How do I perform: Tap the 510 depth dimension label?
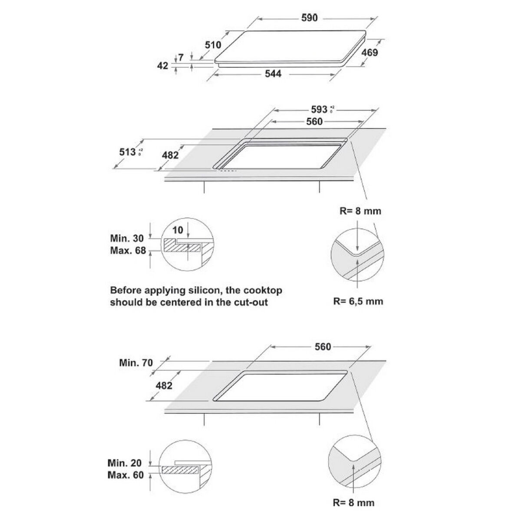pyautogui.click(x=213, y=44)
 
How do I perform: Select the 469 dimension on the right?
pyautogui.click(x=370, y=53)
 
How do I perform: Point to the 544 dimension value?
pyautogui.click(x=273, y=74)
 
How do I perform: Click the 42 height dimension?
pyautogui.click(x=162, y=66)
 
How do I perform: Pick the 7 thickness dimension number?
pyautogui.click(x=181, y=57)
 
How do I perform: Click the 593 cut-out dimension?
pyautogui.click(x=319, y=109)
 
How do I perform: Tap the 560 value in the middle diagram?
pyautogui.click(x=314, y=122)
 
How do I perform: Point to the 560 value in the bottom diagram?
pyautogui.click(x=322, y=346)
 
